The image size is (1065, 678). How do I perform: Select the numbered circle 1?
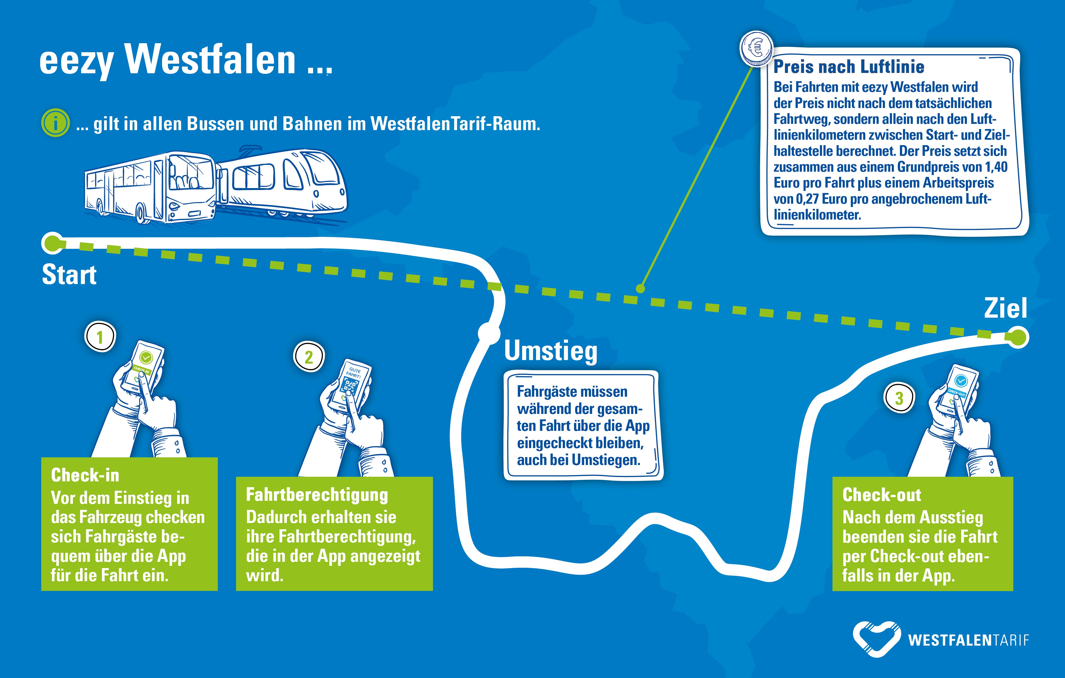pos(100,336)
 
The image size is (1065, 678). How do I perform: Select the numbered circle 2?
pos(309,357)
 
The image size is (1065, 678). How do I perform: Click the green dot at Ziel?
pos(1018,338)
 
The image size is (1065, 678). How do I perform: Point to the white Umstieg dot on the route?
pos(489,333)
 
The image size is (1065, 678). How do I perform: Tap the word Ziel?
pos(1005,308)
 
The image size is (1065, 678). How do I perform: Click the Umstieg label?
pos(551,351)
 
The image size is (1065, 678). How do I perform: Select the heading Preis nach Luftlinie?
pos(849,67)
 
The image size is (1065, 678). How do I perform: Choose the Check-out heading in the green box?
pos(881,495)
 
